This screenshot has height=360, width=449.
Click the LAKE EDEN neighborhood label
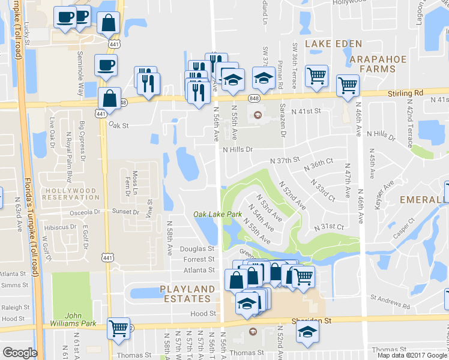click(334, 44)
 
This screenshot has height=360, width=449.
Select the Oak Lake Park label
click(217, 214)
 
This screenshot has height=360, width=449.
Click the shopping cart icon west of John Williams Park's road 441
click(119, 328)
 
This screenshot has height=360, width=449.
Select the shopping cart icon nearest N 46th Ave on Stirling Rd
click(348, 85)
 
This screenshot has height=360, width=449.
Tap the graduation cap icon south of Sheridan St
click(307, 331)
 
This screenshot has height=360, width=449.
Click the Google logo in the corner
click(20, 353)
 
